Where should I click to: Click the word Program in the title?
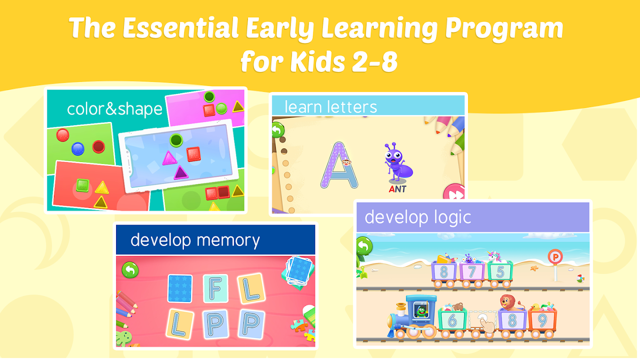[x=504, y=28]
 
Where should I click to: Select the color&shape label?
[x=115, y=109]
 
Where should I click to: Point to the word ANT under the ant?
[x=397, y=189]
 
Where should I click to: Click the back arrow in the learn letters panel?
[x=278, y=130]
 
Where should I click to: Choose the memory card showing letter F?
[x=216, y=288]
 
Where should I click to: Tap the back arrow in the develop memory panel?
[x=130, y=270]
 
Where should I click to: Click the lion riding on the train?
[x=510, y=303]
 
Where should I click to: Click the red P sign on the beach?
[x=555, y=257]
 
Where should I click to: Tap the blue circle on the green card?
[x=78, y=149]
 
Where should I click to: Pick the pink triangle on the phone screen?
[x=169, y=158]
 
